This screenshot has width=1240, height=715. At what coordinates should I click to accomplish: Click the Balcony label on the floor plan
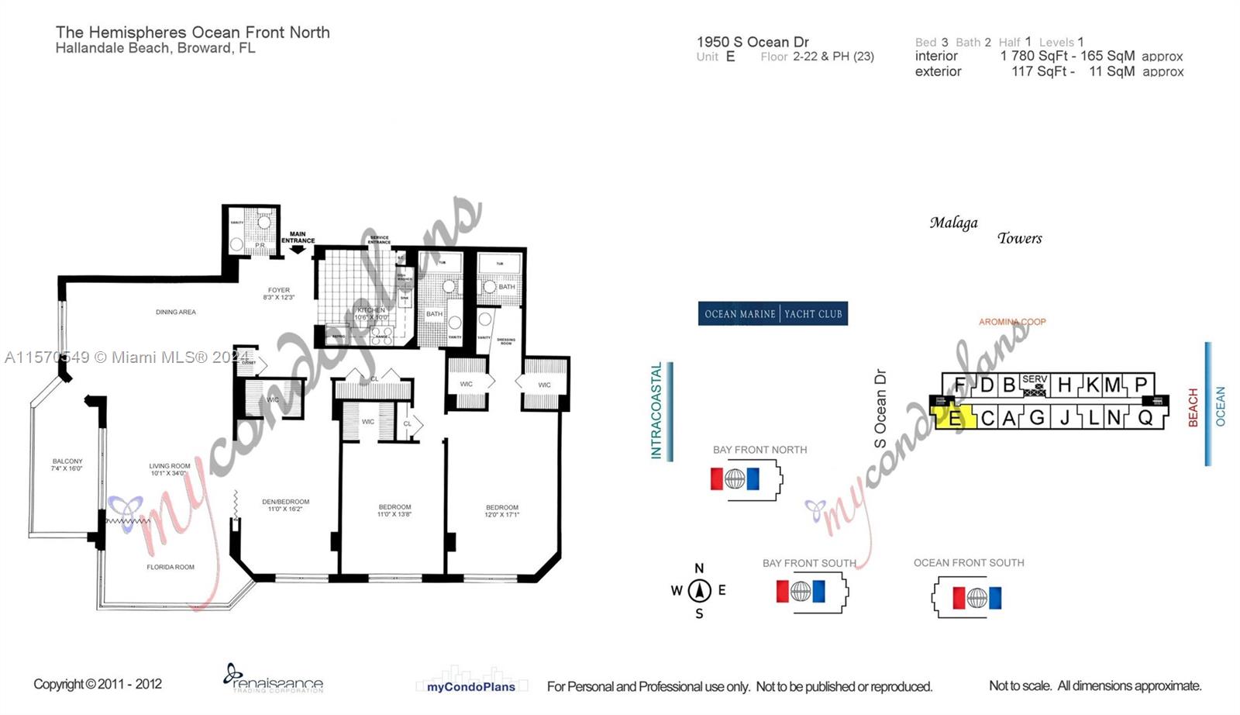pyautogui.click(x=67, y=465)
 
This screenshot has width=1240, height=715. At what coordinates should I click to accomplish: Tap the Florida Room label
pyautogui.click(x=170, y=567)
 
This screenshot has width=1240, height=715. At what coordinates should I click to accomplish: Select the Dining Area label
pyautogui.click(x=176, y=312)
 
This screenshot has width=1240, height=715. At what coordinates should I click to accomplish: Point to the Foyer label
pyautogui.click(x=279, y=293)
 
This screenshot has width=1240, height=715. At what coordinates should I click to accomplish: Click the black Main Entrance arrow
pyautogui.click(x=298, y=249)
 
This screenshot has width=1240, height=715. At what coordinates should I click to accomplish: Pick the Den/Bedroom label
pyautogui.click(x=285, y=505)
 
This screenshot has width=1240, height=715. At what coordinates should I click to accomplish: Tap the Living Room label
pyautogui.click(x=169, y=469)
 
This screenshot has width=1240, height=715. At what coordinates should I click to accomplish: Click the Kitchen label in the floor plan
pyautogui.click(x=371, y=313)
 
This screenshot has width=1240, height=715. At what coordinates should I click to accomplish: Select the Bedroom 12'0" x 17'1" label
pyautogui.click(x=502, y=510)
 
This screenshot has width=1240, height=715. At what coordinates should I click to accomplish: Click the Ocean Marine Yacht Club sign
pyautogui.click(x=773, y=314)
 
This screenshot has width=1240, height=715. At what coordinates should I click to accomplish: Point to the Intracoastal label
pyautogui.click(x=657, y=411)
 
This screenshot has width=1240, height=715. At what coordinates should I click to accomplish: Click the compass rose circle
pyautogui.click(x=699, y=591)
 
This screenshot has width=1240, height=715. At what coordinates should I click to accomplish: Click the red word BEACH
pyautogui.click(x=1193, y=407)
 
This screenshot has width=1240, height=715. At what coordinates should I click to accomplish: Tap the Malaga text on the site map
pyautogui.click(x=953, y=223)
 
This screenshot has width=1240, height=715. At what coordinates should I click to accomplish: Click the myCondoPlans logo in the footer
pyautogui.click(x=471, y=686)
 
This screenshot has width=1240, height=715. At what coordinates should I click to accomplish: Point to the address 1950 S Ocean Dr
pyautogui.click(x=753, y=42)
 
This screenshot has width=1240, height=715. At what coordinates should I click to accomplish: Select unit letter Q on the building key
pyautogui.click(x=1145, y=417)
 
